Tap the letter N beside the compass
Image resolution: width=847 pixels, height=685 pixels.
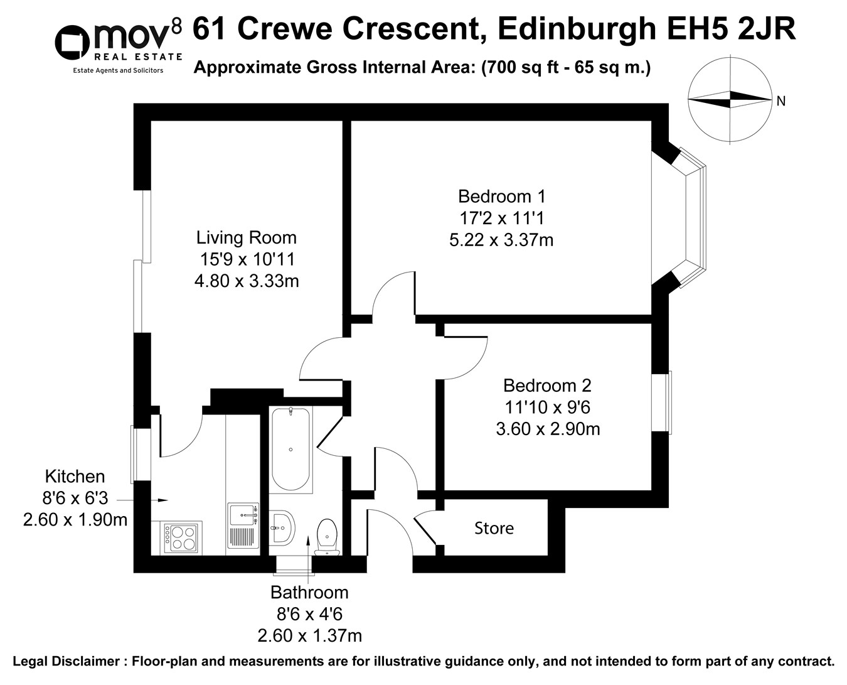click(x=780, y=101)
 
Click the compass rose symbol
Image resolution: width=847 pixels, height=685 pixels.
click(x=730, y=99)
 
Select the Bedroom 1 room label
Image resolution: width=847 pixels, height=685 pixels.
click(x=501, y=197)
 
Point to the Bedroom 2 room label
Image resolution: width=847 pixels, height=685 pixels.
click(x=547, y=386)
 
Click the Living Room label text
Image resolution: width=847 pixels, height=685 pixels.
click(x=246, y=238)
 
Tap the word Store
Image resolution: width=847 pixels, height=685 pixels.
click(x=494, y=529)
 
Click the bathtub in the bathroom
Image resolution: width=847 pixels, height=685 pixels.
click(x=290, y=450)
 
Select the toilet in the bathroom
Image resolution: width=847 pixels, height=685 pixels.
click(x=326, y=537)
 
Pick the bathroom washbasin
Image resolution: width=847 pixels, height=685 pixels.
click(x=283, y=527)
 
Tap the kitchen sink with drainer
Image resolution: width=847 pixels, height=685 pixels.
click(x=243, y=525)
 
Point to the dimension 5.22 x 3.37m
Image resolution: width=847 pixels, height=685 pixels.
click(x=501, y=240)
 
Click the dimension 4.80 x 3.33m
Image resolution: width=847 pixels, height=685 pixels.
click(x=246, y=281)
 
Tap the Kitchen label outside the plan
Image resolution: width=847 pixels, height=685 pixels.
click(x=75, y=477)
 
